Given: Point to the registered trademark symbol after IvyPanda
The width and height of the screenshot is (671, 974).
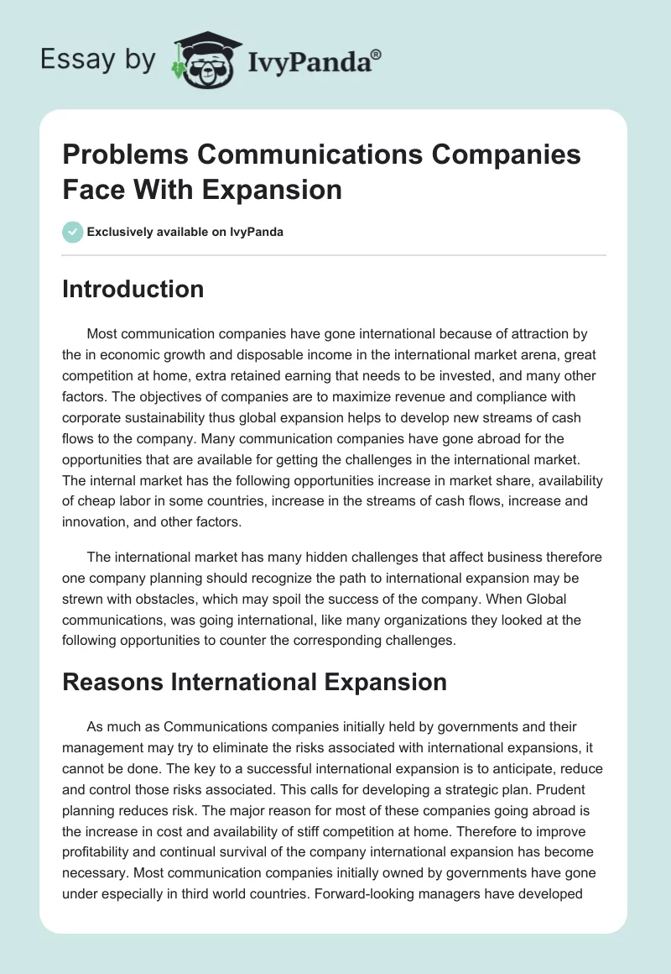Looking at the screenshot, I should point(377,54).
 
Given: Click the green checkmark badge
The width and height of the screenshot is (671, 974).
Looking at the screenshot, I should point(73,232).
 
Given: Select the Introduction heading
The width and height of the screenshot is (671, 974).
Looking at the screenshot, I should point(133,289).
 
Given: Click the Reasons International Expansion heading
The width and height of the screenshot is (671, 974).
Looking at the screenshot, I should point(255,682).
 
